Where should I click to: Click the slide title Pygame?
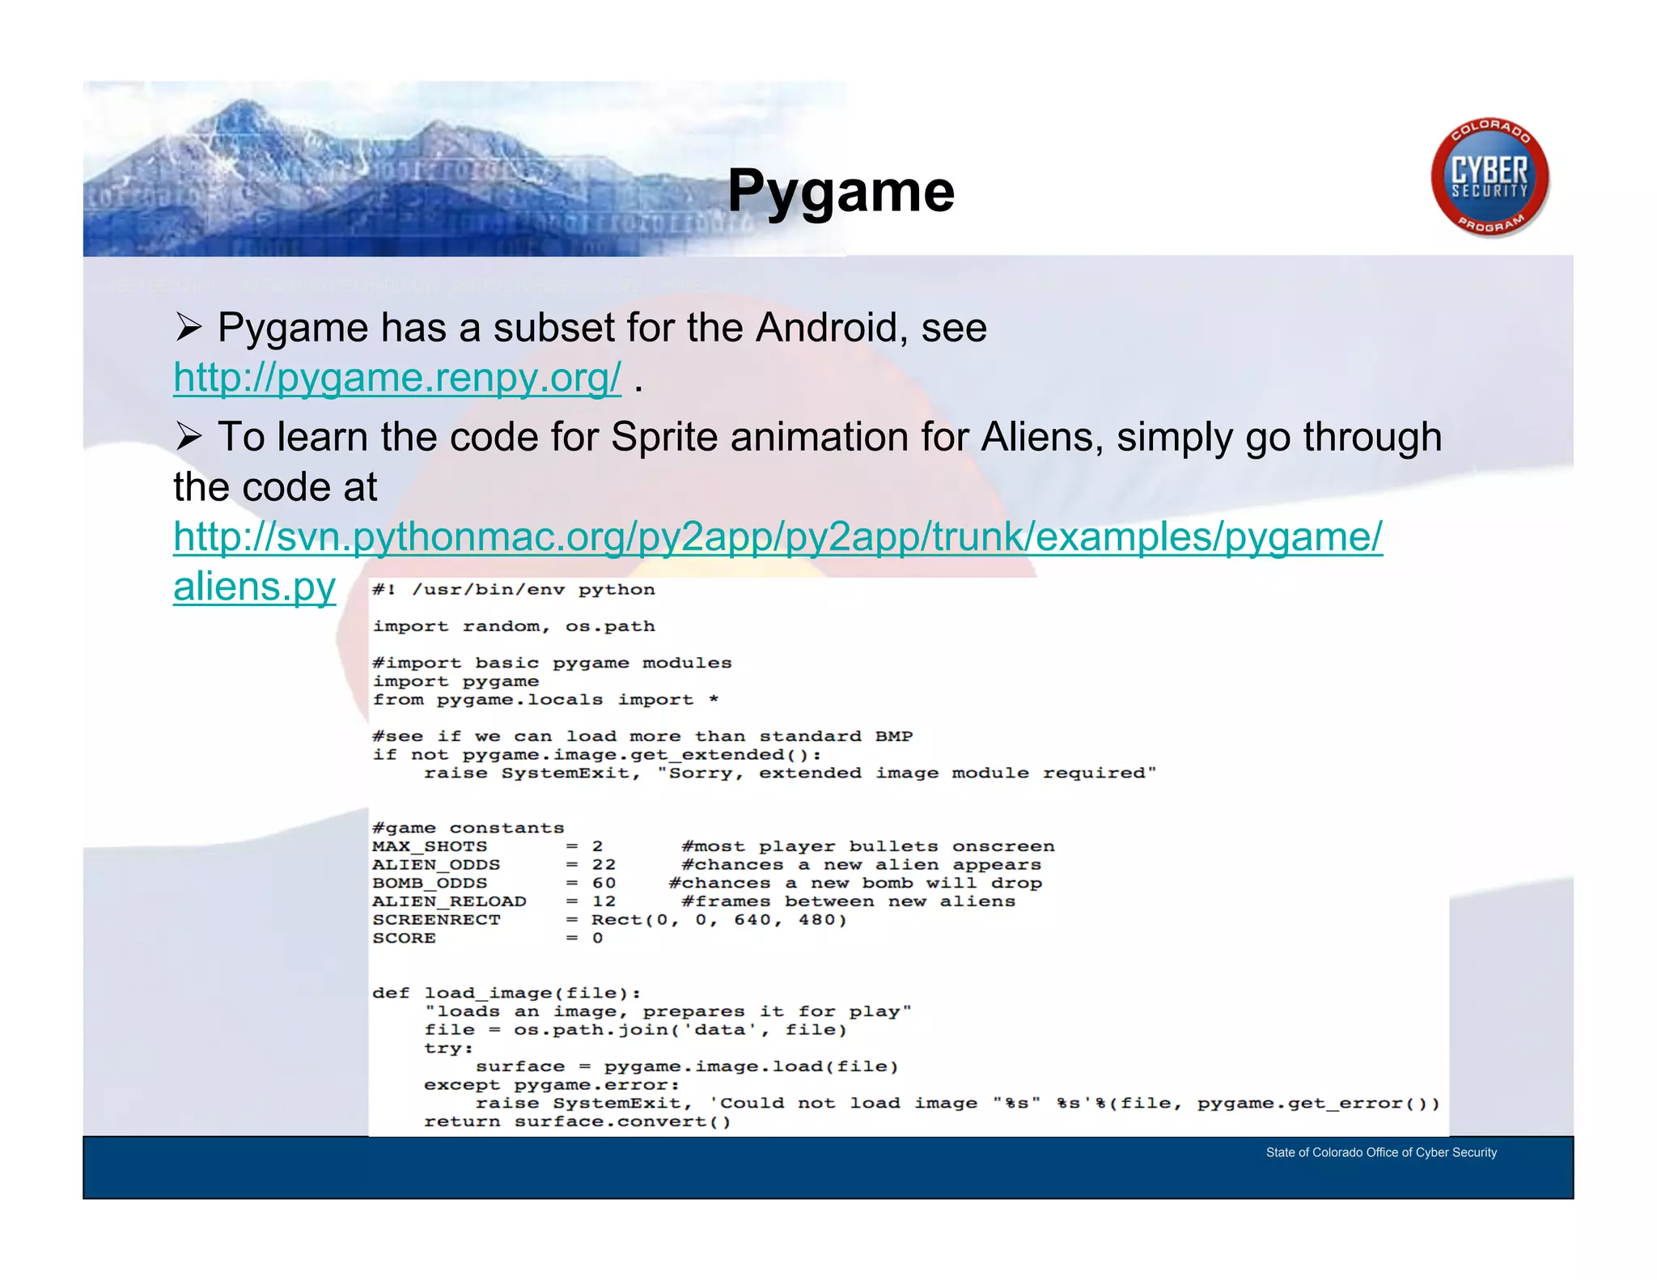point(841,191)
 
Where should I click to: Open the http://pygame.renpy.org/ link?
point(397,377)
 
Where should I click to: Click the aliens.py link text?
point(254,587)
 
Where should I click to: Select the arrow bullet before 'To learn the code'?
point(189,438)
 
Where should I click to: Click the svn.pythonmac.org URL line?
point(777,536)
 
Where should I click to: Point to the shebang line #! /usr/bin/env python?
point(513,590)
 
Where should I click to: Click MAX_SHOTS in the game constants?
point(430,846)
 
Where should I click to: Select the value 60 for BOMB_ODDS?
point(604,884)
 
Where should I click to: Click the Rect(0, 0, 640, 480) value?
point(718,920)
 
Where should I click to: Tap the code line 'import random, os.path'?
point(513,626)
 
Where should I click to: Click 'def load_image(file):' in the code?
point(506,994)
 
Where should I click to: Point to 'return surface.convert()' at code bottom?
point(577,1122)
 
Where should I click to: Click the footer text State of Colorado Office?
point(1380,1152)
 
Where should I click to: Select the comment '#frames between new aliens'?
point(848,901)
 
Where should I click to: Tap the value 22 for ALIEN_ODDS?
point(604,865)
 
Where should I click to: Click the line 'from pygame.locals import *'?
point(545,700)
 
